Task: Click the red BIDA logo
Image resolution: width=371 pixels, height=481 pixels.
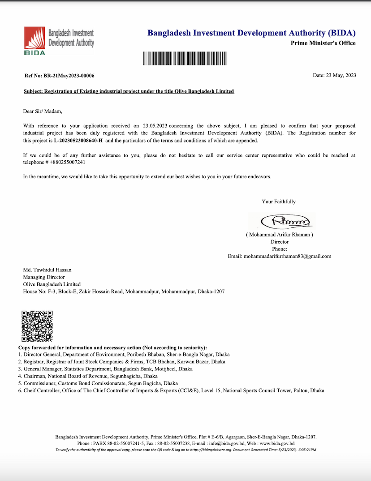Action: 35,40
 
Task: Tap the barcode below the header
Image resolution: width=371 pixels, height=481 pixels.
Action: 185,59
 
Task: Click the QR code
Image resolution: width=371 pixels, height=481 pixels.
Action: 37,326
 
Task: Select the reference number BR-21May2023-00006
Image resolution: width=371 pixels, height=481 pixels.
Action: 69,76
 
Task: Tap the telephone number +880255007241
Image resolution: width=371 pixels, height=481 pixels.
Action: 64,162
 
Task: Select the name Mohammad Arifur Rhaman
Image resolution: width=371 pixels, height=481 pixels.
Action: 280,235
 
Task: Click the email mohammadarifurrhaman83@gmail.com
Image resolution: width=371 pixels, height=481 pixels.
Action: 287,256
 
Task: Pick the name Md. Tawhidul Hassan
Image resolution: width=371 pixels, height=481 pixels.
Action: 47,270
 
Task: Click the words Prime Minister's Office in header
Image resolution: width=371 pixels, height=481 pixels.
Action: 323,43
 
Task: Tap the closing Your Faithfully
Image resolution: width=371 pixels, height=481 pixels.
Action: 279,202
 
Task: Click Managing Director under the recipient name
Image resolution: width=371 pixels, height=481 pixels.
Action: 44,277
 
